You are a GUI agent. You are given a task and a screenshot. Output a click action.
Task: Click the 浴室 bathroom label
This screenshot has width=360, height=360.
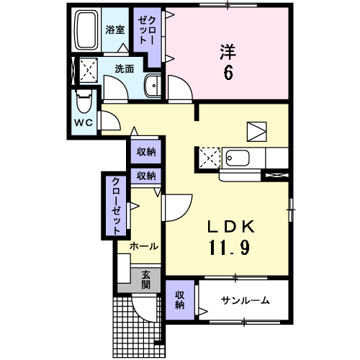[x=115, y=30]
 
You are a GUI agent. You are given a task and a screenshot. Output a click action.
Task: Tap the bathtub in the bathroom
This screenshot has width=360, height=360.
[x=87, y=30]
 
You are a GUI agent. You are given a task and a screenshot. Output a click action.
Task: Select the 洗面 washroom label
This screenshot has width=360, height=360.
[x=124, y=69]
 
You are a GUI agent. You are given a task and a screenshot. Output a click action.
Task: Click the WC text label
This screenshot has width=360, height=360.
[x=84, y=122]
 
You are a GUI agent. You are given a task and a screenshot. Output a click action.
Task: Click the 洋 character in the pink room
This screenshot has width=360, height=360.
[x=228, y=52]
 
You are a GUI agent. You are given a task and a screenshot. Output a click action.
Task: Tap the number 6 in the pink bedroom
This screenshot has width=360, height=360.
[x=228, y=72]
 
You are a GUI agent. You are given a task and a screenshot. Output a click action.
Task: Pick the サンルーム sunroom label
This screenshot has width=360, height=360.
[x=245, y=300]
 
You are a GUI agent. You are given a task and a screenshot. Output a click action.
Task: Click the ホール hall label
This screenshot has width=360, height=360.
[x=144, y=246]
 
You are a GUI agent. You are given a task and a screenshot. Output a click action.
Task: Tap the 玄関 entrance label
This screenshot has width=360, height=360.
[x=145, y=279]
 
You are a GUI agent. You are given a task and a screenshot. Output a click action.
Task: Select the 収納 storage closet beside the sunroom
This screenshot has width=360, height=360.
[x=180, y=300]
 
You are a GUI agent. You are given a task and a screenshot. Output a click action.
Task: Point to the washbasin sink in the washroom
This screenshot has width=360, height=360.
[x=153, y=86]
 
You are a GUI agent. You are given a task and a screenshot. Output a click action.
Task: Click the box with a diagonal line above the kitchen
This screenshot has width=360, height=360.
[x=256, y=130]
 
